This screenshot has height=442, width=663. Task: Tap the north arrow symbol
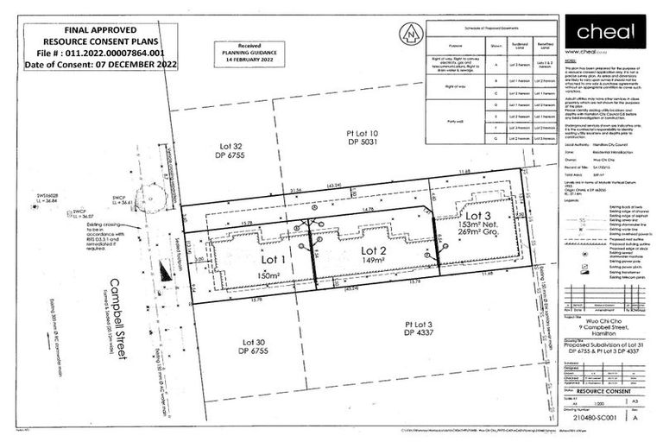pos(411,35)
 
